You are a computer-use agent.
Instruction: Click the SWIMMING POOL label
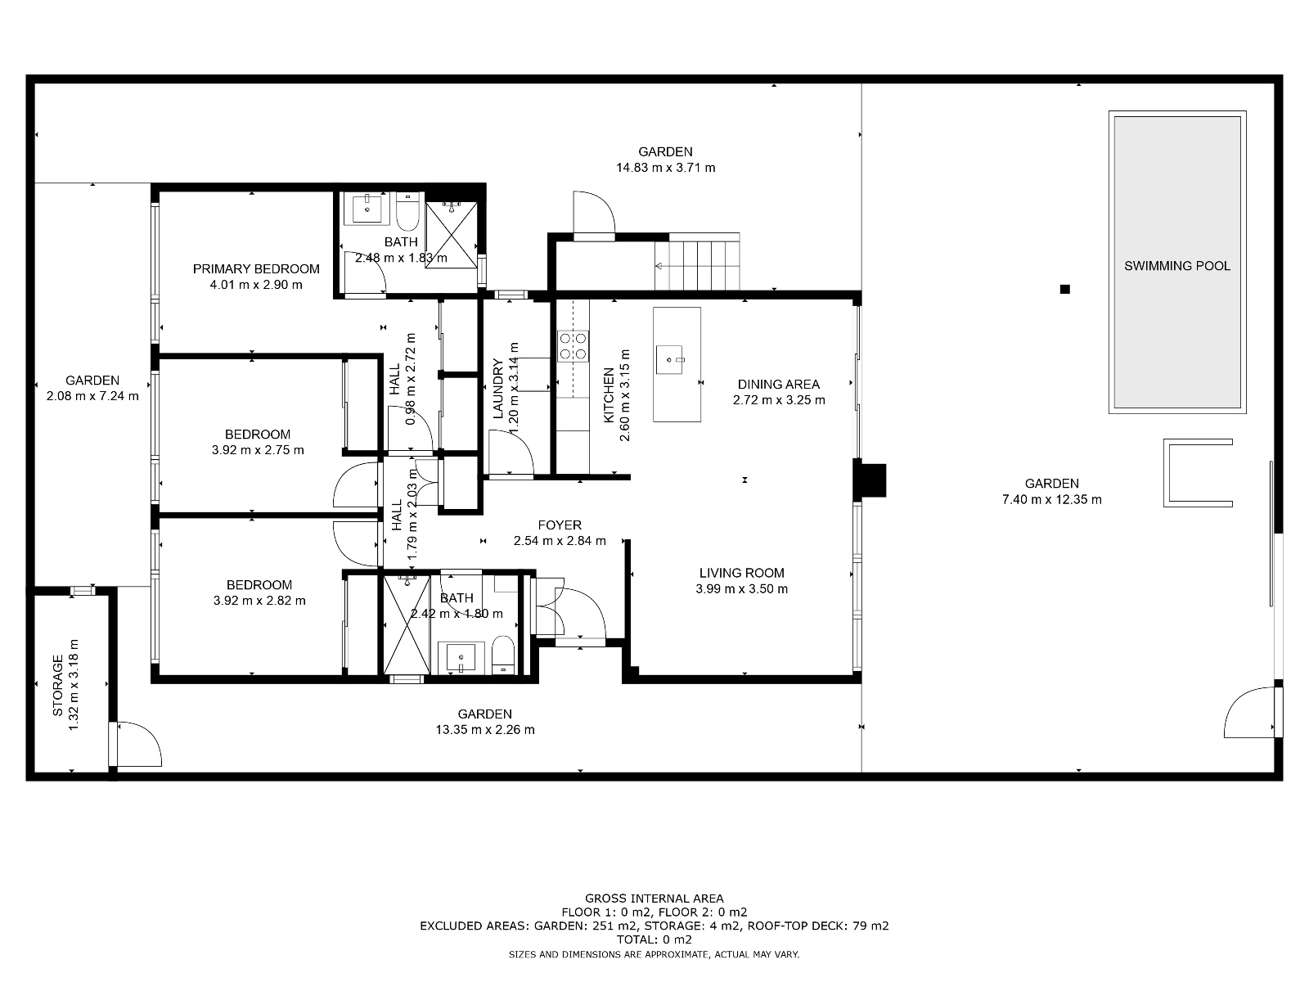[1176, 266]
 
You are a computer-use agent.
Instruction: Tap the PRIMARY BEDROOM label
[256, 269]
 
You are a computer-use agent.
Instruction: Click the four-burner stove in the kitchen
[573, 345]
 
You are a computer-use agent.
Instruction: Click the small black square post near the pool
[1064, 289]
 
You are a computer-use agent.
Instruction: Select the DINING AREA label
[778, 385]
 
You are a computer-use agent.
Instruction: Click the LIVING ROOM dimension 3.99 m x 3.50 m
[741, 589]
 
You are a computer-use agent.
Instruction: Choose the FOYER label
[560, 525]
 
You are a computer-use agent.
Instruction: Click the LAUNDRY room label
[497, 389]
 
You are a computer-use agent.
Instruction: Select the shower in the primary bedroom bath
[451, 234]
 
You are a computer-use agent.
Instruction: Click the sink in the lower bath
[461, 657]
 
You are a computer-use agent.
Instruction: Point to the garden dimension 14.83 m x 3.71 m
[665, 168]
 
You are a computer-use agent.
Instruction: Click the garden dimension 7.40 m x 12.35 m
[1051, 499]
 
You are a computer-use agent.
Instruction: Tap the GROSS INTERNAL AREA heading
[654, 899]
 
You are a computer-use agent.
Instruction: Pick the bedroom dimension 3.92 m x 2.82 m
[259, 601]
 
